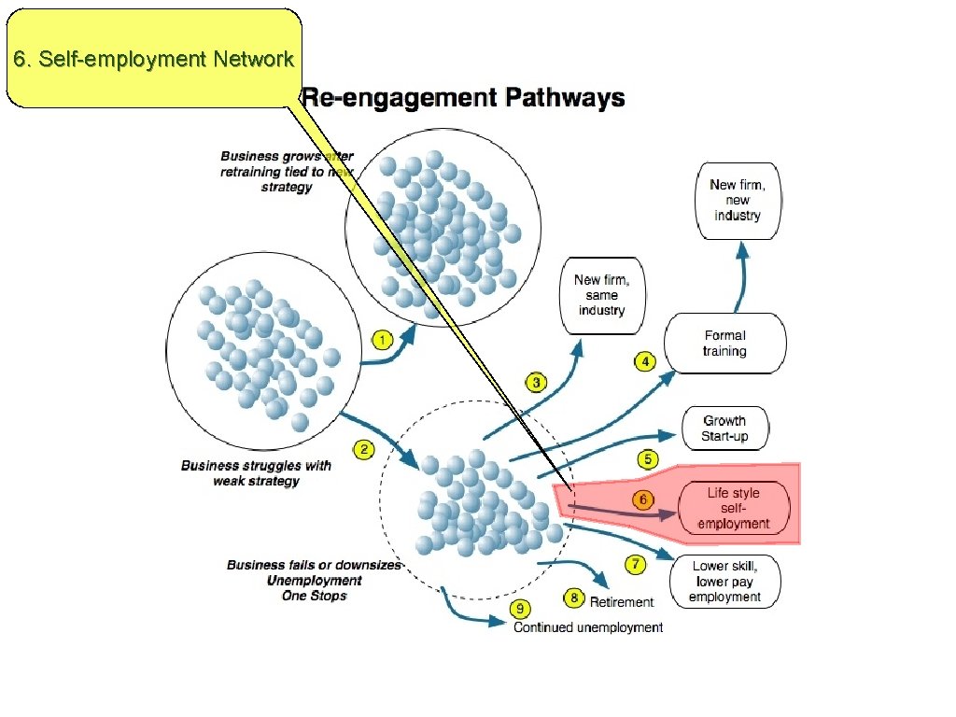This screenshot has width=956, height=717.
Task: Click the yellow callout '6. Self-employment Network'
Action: (154, 59)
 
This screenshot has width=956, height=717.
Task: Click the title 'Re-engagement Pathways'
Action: (462, 98)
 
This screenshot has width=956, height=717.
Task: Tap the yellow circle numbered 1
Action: (381, 339)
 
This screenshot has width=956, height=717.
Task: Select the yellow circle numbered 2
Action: (364, 450)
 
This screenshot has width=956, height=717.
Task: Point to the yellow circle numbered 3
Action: (536, 382)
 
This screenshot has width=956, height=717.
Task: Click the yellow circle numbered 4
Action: (644, 361)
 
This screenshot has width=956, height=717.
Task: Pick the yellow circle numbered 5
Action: (648, 458)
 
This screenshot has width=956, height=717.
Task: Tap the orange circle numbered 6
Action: (643, 499)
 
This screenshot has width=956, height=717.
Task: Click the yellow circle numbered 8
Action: (574, 597)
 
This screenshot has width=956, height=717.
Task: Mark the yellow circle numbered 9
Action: (520, 609)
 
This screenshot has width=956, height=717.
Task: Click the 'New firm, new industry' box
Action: (738, 201)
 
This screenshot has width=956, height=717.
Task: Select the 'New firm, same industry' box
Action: (601, 295)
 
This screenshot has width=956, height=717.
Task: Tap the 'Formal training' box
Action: (724, 344)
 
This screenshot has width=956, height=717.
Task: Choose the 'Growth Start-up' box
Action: (724, 429)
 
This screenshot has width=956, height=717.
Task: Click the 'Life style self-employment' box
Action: (734, 509)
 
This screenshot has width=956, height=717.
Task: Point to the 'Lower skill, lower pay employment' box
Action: (725, 582)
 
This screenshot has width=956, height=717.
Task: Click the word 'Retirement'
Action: (622, 602)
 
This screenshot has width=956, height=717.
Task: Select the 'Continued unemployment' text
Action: (588, 627)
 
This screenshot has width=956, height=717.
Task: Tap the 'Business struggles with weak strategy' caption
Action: (256, 473)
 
